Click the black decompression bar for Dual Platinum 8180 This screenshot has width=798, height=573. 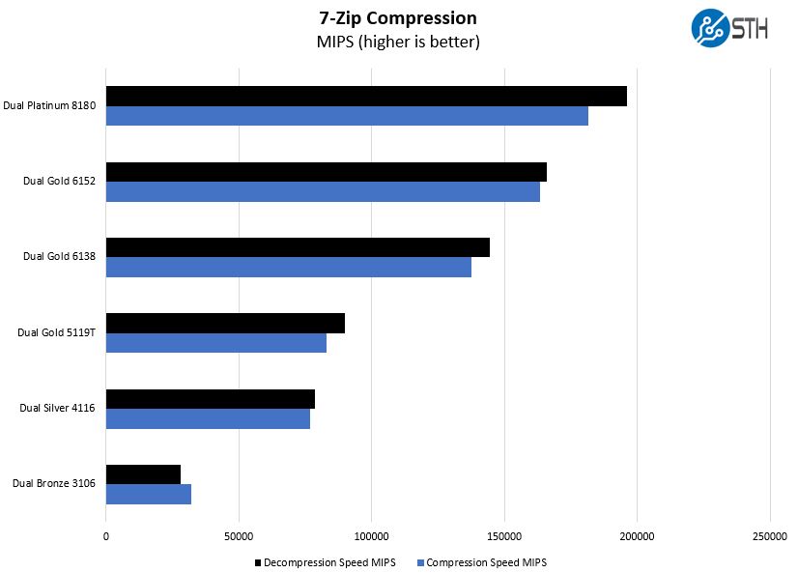tap(366, 97)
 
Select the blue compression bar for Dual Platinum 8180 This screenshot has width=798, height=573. tap(347, 116)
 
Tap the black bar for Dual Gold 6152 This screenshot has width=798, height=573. tap(327, 172)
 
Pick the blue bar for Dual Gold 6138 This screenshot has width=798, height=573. tap(289, 268)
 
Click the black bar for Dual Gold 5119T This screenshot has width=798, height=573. tap(225, 324)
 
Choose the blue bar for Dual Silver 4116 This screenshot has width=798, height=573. tap(208, 418)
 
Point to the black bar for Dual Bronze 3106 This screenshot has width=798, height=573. tap(143, 474)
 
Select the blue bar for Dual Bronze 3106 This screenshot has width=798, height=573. tap(149, 494)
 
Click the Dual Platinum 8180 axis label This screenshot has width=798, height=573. tap(49, 105)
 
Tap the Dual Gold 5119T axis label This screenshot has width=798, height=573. tap(56, 332)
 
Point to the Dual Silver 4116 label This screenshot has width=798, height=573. tap(57, 408)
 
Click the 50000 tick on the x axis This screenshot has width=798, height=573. tap(239, 535)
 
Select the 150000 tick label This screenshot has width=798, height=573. tap(504, 535)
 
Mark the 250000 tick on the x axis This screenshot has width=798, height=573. tap(769, 535)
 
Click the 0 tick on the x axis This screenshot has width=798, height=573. tap(106, 535)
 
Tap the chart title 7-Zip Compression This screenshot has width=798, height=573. tap(398, 17)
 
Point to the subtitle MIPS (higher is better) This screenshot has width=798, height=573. tap(398, 42)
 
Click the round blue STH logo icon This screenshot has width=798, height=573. tap(710, 28)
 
